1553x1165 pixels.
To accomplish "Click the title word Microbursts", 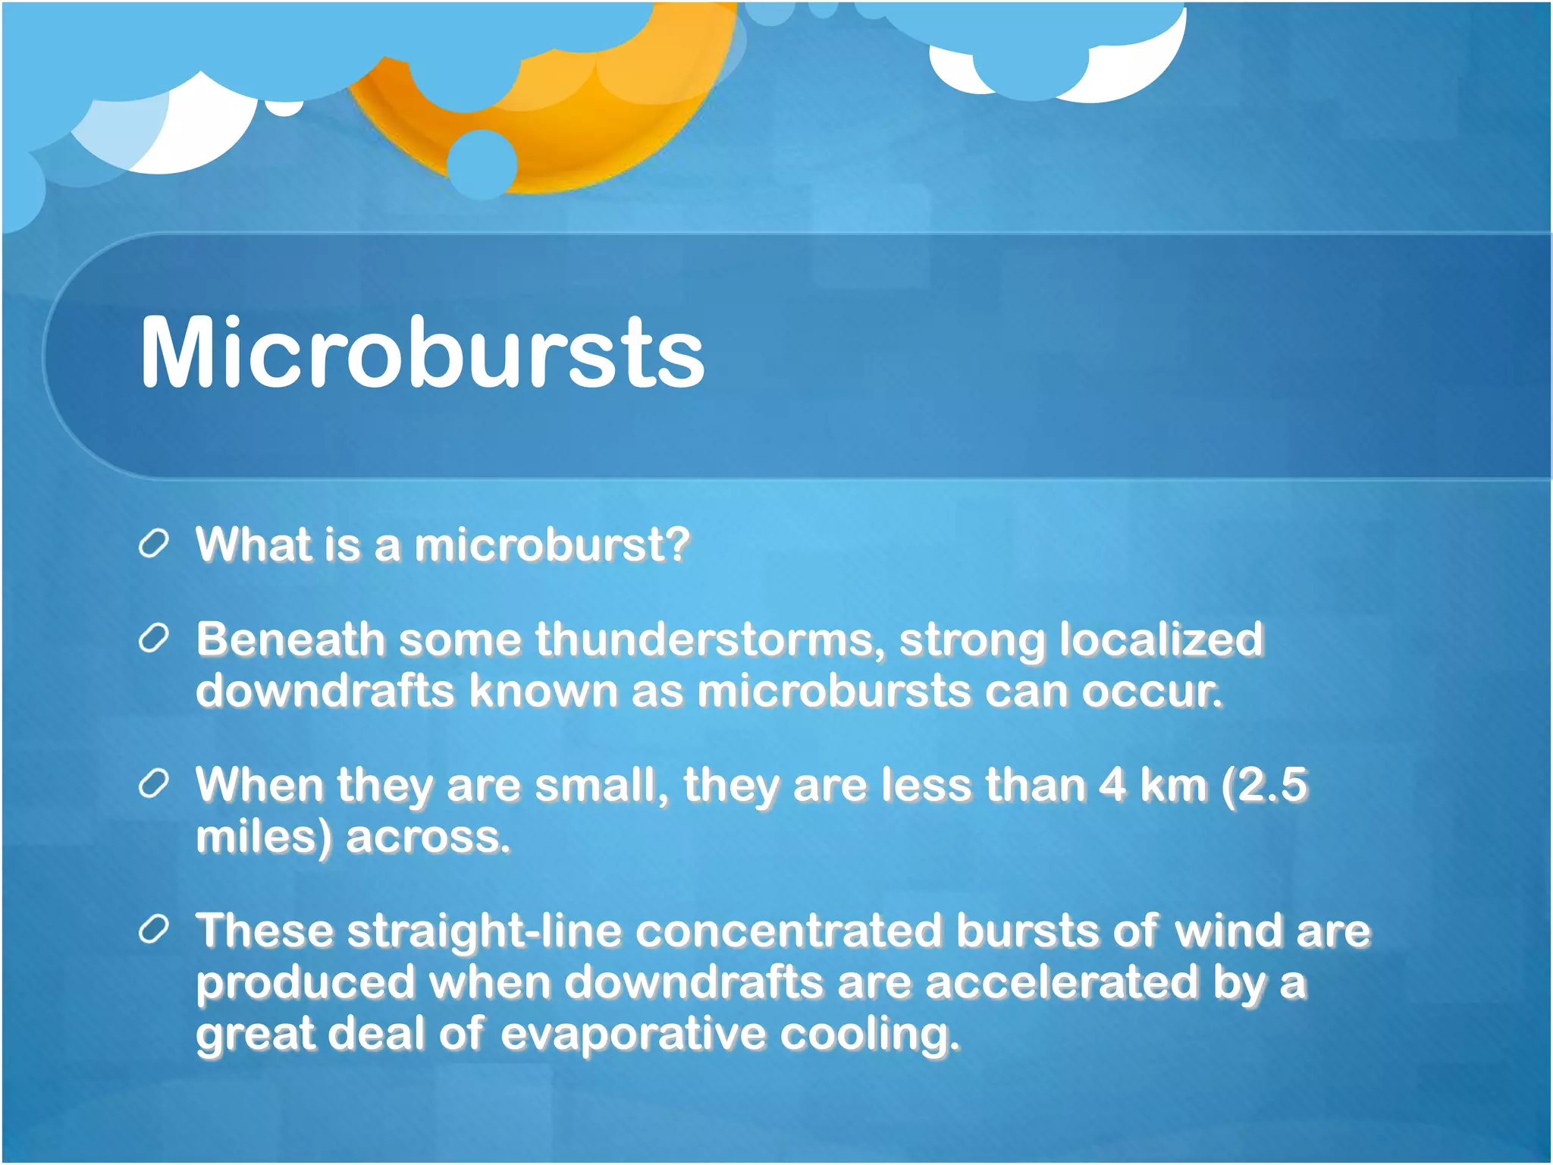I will (x=422, y=353).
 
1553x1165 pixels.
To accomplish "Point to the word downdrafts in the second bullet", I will (x=325, y=691).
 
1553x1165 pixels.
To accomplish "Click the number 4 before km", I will (x=1112, y=784).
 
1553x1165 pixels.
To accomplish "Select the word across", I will (x=428, y=837).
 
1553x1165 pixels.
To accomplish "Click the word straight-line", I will (x=485, y=931).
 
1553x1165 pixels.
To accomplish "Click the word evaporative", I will (x=632, y=1034).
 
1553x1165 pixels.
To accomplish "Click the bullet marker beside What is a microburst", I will (x=153, y=545).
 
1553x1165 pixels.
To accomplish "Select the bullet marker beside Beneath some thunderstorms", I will (x=153, y=640).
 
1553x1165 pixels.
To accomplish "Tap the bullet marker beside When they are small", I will (x=153, y=785).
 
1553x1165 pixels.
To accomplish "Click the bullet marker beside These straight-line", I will (x=153, y=931).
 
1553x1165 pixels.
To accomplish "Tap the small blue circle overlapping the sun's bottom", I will (x=482, y=164).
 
